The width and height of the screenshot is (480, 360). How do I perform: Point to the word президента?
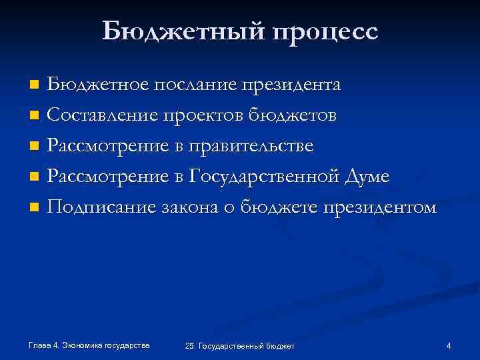coord(291,86)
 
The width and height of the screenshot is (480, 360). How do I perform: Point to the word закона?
coord(193,208)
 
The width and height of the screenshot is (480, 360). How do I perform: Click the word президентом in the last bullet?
coord(380,208)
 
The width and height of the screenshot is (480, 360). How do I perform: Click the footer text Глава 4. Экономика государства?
coord(89,345)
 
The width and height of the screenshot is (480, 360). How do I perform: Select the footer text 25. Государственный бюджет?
coord(240,345)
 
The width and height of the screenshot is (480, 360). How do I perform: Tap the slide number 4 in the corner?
coord(449,345)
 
